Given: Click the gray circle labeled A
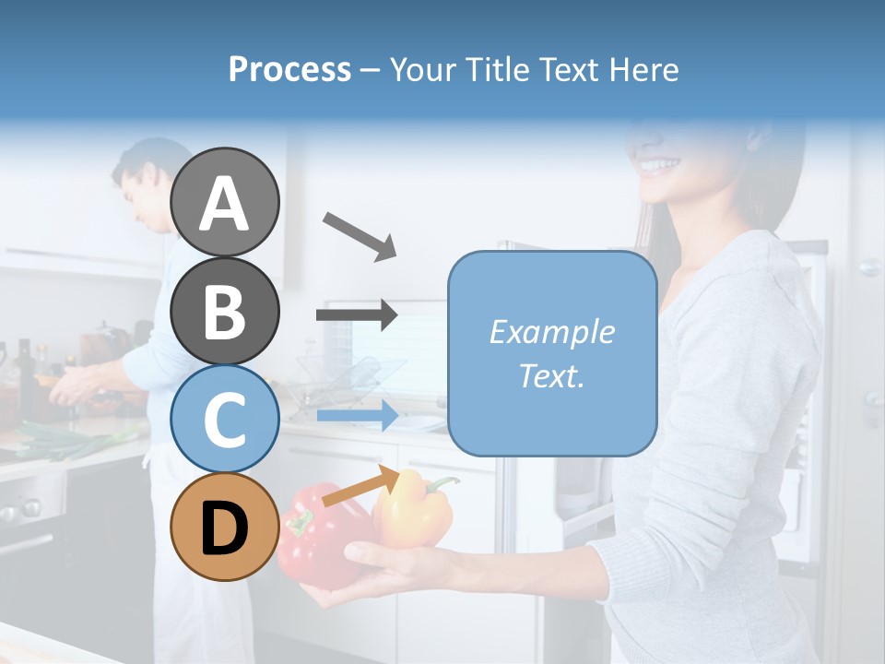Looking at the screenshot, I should [x=225, y=202].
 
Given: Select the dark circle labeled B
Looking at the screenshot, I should [x=225, y=311].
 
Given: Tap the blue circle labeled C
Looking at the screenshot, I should [x=225, y=420].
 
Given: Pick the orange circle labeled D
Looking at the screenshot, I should [x=225, y=528].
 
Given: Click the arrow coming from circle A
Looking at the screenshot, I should [x=360, y=235].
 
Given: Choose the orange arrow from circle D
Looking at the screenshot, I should [x=360, y=486].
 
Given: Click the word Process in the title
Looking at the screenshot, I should [x=289, y=70].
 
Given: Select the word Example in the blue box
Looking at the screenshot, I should [x=551, y=332].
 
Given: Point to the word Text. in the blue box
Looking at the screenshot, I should [x=551, y=375].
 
